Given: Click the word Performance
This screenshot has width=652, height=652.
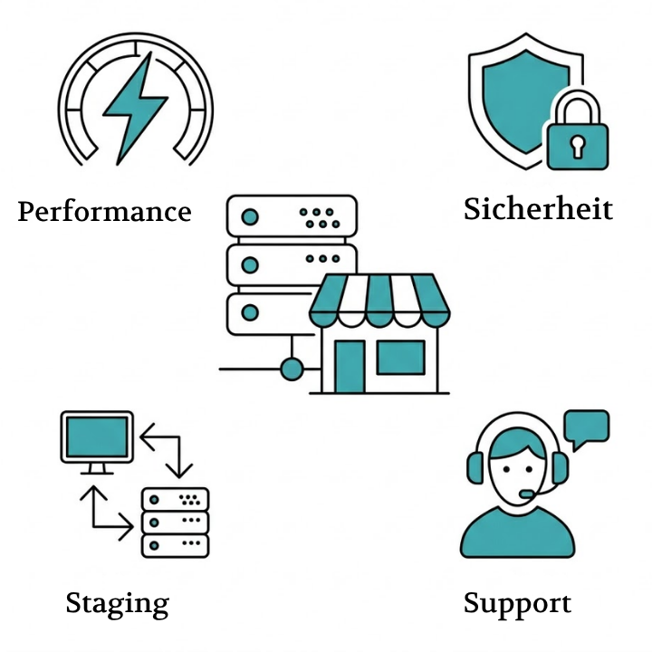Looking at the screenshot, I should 104,212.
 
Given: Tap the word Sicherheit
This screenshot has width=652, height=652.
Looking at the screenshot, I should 538,209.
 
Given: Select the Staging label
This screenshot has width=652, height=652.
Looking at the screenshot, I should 117,603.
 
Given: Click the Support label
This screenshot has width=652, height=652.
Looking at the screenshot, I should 517,603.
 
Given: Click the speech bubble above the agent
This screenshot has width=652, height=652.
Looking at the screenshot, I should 586,427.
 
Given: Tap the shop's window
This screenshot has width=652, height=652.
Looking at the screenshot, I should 399,358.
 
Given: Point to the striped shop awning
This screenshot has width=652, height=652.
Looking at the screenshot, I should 379,299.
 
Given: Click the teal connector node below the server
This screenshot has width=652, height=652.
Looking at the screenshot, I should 292,369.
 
